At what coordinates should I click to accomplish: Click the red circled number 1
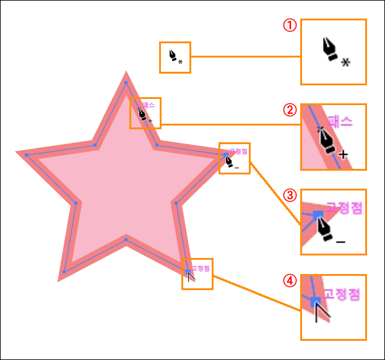coord(288,25)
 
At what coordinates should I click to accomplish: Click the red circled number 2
coord(288,110)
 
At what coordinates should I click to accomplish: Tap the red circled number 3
coord(288,195)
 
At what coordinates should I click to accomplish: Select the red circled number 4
coord(288,280)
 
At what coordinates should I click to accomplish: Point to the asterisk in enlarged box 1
coord(345,62)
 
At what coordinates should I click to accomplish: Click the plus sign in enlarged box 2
coord(344,154)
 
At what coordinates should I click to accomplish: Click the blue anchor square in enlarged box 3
coord(318,214)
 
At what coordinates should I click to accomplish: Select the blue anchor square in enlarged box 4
coord(316,301)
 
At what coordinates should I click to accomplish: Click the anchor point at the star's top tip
coord(126,82)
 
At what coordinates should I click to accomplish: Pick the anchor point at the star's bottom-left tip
coord(64,272)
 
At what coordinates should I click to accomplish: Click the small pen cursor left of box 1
coord(173,56)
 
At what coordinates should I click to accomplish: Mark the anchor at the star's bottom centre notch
coord(126,239)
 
